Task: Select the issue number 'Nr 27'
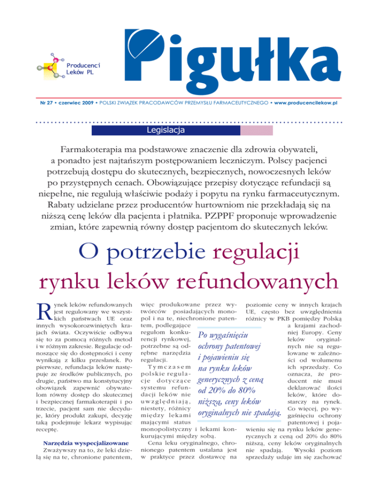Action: point(48,102)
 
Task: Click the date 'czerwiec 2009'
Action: point(76,102)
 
